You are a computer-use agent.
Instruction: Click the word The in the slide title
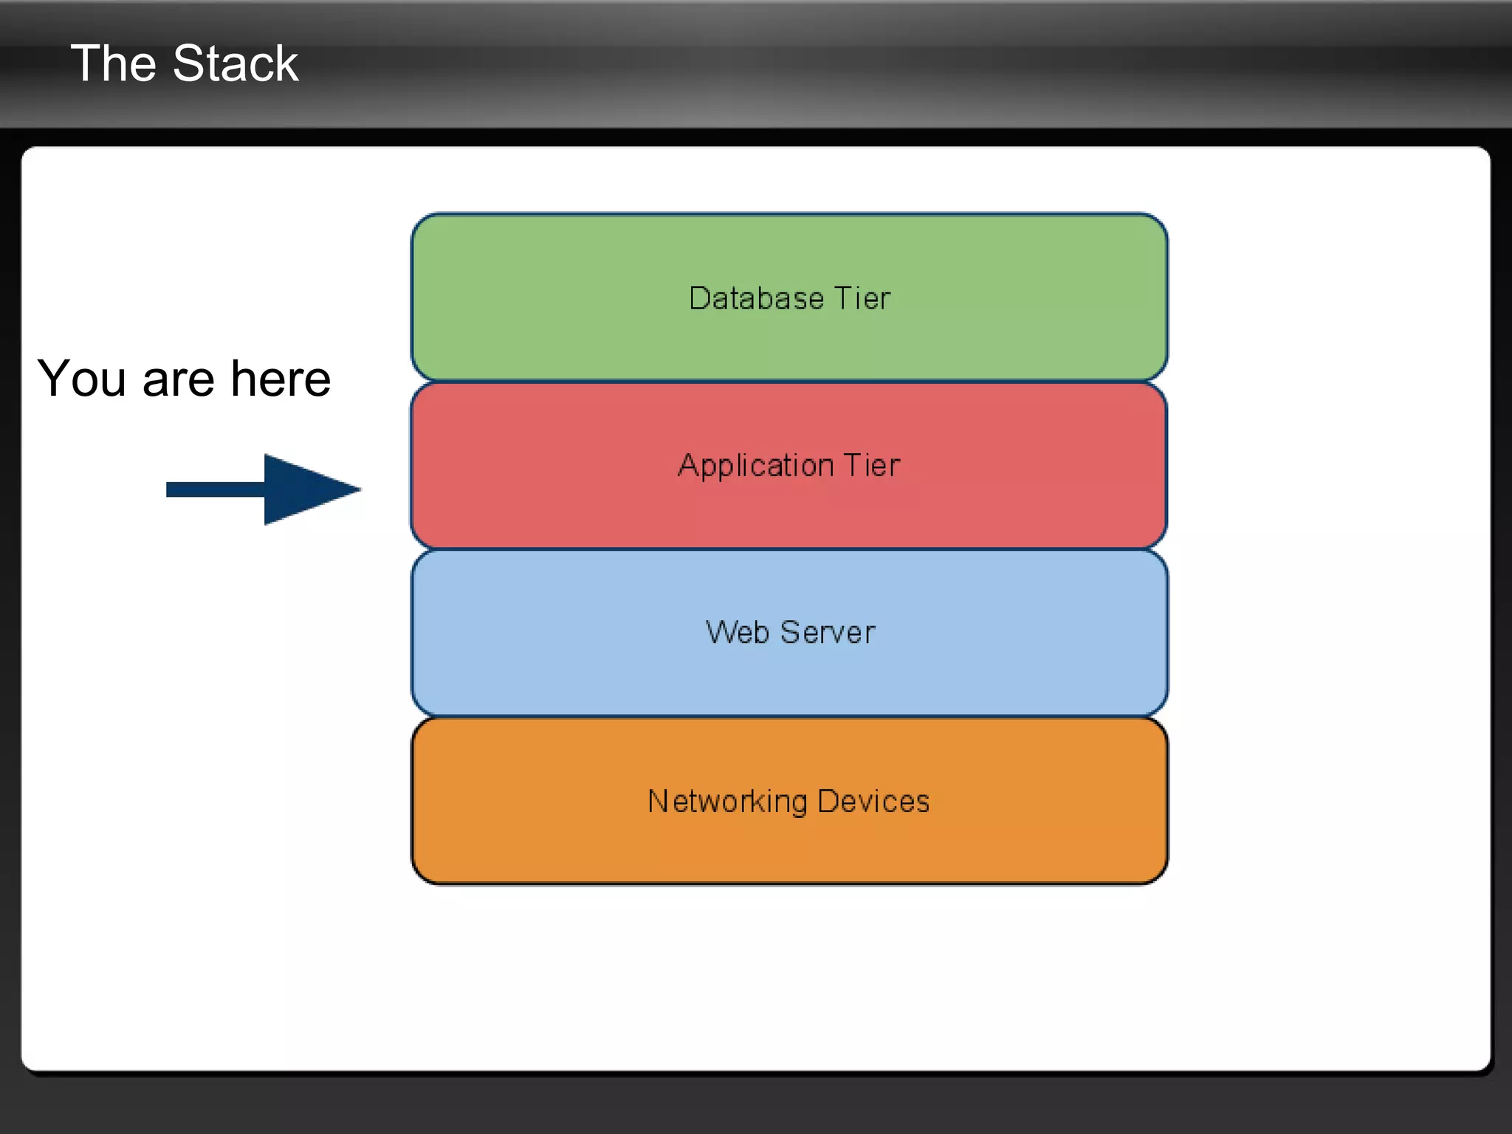pyautogui.click(x=112, y=63)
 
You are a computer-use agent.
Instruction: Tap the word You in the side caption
pyautogui.click(x=81, y=379)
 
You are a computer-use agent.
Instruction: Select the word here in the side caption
pyautogui.click(x=281, y=379)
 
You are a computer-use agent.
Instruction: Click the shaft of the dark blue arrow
pyautogui.click(x=215, y=489)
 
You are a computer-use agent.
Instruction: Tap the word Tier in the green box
pyautogui.click(x=862, y=298)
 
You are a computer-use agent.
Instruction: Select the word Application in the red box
pyautogui.click(x=755, y=467)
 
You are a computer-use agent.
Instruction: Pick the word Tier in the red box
pyautogui.click(x=872, y=466)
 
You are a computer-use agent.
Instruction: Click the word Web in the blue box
pyautogui.click(x=737, y=633)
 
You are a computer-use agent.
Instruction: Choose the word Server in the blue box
pyautogui.click(x=828, y=633)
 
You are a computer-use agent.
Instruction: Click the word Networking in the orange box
pyautogui.click(x=727, y=803)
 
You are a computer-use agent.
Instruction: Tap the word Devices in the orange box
pyautogui.click(x=873, y=802)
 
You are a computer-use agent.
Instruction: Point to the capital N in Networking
pyautogui.click(x=657, y=801)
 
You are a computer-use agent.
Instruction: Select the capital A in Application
pyautogui.click(x=688, y=465)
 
